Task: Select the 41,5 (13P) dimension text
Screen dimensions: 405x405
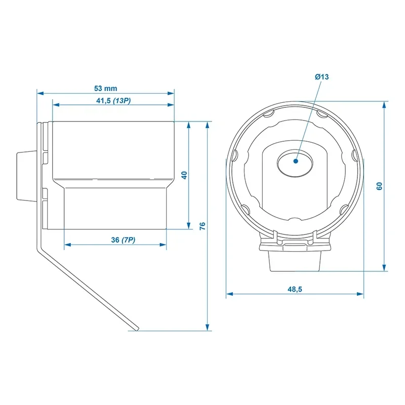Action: point(113,100)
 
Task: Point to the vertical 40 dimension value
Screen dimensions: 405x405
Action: point(185,175)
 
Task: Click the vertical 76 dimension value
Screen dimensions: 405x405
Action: point(202,226)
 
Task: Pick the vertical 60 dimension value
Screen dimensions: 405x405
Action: point(379,186)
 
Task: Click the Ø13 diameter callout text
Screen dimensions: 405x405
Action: point(321,76)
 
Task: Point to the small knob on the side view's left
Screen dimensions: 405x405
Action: point(22,175)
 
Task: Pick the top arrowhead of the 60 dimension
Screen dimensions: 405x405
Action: point(385,103)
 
